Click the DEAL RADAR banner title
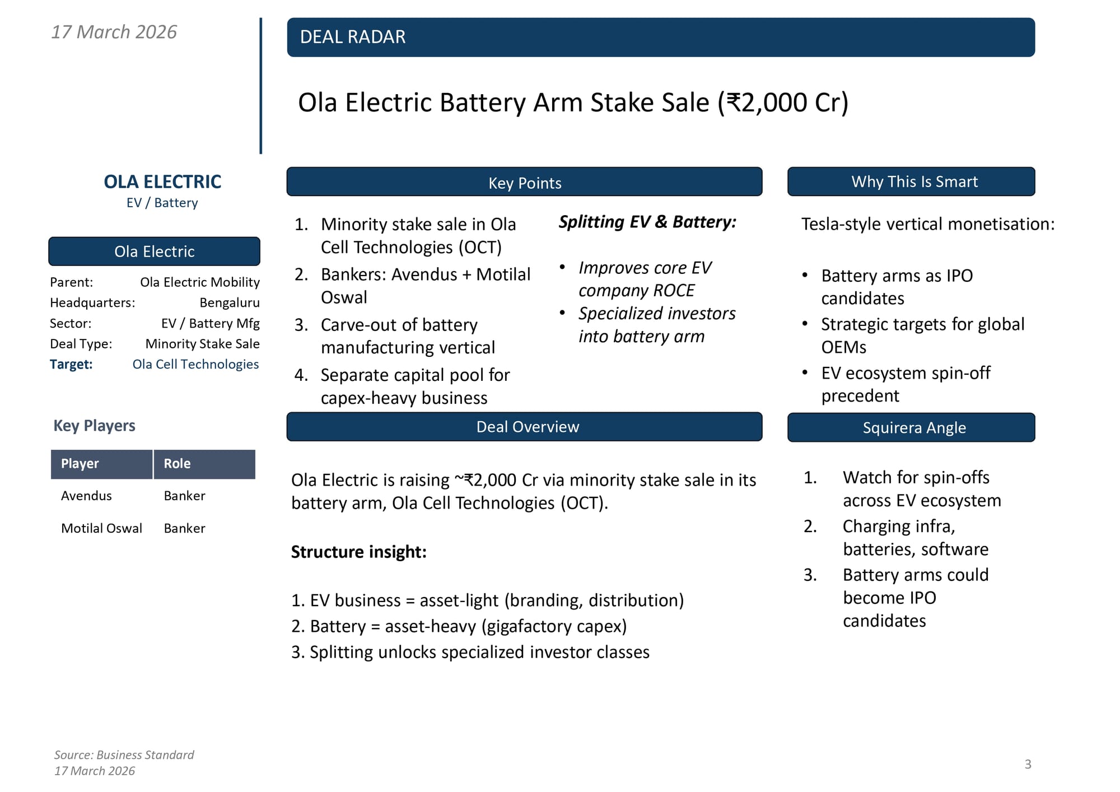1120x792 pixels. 353,37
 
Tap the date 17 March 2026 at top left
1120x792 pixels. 114,32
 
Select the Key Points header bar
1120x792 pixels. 524,183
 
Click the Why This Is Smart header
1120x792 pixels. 914,181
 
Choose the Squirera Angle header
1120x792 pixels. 914,428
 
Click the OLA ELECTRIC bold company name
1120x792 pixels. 162,181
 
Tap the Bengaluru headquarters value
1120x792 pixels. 230,303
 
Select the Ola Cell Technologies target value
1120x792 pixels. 195,365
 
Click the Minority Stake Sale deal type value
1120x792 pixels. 202,344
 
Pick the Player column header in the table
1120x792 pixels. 80,464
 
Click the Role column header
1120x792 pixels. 177,464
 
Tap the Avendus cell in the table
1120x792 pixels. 86,496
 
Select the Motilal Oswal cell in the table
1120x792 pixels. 101,529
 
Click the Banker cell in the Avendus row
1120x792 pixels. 184,496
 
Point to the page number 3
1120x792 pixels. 1028,765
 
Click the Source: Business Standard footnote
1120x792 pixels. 124,755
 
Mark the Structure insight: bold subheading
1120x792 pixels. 358,552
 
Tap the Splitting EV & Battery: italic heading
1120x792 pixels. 647,222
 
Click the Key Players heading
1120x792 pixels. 94,426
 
